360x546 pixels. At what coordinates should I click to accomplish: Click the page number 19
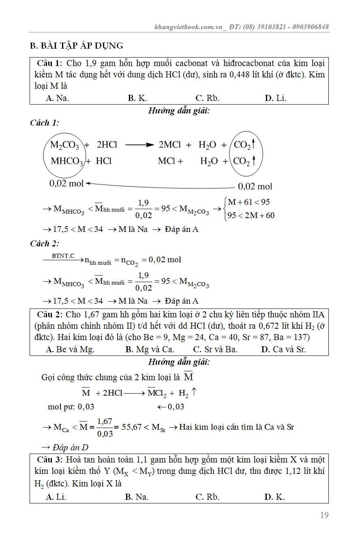[324, 515]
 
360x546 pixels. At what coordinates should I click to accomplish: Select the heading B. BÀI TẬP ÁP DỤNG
[77, 45]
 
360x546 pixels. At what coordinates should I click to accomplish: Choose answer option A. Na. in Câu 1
[57, 98]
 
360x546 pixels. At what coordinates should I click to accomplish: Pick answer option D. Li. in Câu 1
[275, 98]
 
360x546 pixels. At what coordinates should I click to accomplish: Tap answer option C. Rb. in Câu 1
[207, 98]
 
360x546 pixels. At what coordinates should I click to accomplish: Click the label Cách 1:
[45, 123]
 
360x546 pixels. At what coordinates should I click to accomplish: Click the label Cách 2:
[45, 244]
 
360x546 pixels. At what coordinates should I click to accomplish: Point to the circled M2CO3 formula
[64, 145]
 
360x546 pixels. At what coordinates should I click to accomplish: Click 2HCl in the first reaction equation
[107, 145]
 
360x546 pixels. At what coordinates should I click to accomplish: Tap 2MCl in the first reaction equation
[169, 145]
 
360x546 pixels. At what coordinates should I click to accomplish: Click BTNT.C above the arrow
[63, 255]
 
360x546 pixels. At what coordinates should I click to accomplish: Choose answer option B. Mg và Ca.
[150, 349]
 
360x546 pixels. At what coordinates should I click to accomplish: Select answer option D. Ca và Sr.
[283, 349]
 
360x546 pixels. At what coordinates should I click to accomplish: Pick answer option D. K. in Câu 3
[274, 497]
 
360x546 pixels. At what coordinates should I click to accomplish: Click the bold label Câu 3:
[50, 460]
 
